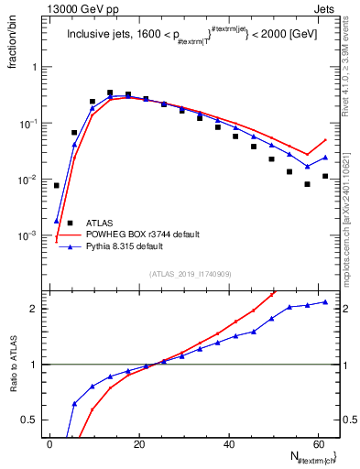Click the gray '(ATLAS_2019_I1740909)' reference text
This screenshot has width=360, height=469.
click(x=191, y=273)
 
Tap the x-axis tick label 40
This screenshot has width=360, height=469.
click(x=228, y=443)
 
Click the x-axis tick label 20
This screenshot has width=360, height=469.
click(x=138, y=443)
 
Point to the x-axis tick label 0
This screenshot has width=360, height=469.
click(x=49, y=443)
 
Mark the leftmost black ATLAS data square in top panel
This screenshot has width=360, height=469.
click(x=57, y=185)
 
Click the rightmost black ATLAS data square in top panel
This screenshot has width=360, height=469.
click(x=325, y=176)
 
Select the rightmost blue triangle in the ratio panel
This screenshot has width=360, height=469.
click(x=325, y=302)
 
